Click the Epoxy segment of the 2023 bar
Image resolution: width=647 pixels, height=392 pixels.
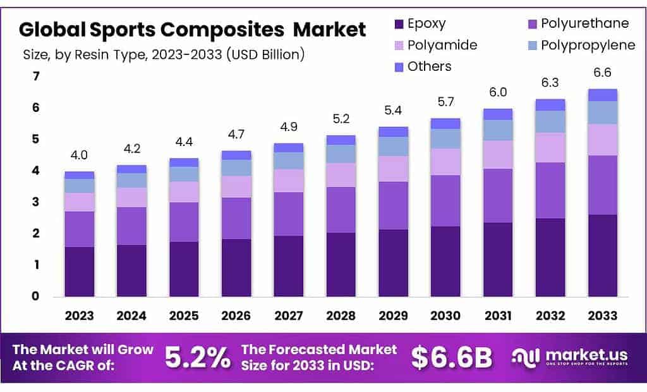[79, 271]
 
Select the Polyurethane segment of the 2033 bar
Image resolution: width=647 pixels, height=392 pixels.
[603, 185]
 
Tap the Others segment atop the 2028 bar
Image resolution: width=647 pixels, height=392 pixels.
[341, 140]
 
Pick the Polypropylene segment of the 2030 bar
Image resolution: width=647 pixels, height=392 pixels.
[445, 138]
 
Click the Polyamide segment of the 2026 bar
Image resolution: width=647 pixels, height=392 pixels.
[236, 187]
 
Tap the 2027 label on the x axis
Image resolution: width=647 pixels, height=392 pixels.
[288, 315]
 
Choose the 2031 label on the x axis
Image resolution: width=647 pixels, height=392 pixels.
[498, 315]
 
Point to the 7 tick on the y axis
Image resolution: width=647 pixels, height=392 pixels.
[36, 77]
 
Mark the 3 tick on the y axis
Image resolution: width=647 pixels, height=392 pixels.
[36, 202]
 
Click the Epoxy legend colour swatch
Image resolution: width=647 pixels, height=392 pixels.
[399, 25]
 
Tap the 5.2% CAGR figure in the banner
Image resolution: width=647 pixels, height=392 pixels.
[198, 358]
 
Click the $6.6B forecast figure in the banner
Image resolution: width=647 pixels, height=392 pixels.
[451, 358]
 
